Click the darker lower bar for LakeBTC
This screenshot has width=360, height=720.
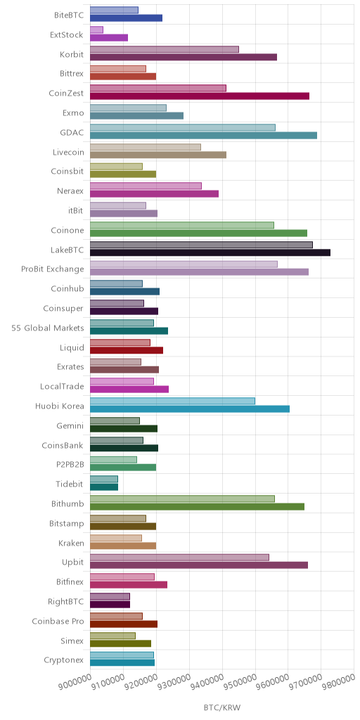click(x=210, y=252)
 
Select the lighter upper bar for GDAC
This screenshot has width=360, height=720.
click(x=183, y=127)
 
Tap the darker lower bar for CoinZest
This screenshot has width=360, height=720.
click(x=200, y=96)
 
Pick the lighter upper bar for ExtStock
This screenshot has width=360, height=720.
click(x=96, y=30)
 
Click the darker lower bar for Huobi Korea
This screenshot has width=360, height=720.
click(x=190, y=409)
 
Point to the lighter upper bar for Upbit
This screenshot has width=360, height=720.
click(x=179, y=558)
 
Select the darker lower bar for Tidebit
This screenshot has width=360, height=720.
click(x=104, y=487)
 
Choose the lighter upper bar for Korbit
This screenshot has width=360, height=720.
click(x=165, y=49)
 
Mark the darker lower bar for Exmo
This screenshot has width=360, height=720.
click(x=137, y=116)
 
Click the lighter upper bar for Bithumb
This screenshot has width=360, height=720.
click(x=182, y=499)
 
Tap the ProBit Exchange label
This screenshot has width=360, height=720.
click(x=52, y=269)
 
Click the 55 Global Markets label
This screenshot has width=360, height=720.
click(x=48, y=328)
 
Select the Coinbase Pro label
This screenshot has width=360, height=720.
click(x=58, y=622)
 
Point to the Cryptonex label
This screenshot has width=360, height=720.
click(x=64, y=660)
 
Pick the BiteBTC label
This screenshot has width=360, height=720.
click(x=69, y=15)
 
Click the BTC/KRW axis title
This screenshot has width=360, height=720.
click(x=222, y=707)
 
